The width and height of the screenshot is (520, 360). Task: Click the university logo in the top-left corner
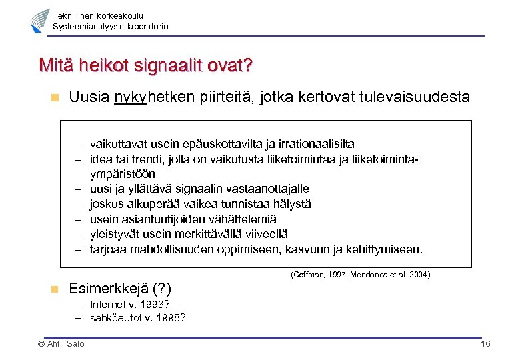pyautogui.click(x=39, y=21)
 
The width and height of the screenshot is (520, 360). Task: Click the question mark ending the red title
pyautogui.click(x=247, y=66)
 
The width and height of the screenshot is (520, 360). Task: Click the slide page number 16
pyautogui.click(x=485, y=344)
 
